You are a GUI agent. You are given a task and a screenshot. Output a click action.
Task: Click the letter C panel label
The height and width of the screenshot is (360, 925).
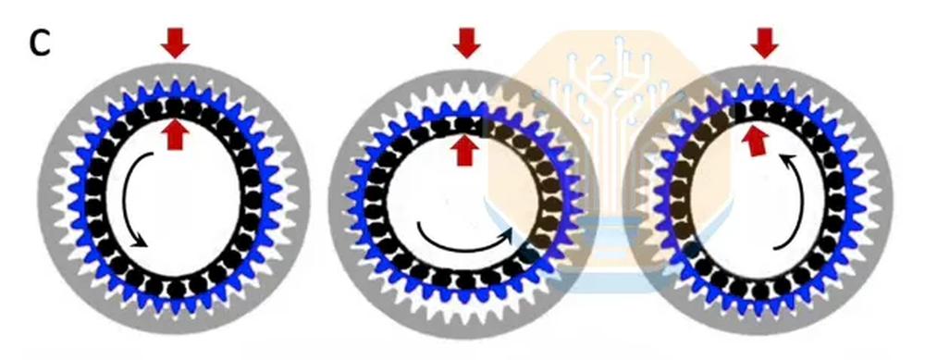click(40, 43)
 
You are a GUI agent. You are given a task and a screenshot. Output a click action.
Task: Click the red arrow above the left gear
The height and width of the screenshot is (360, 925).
click(175, 43)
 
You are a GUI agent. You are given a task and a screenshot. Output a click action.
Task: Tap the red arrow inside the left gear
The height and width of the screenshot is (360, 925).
click(175, 134)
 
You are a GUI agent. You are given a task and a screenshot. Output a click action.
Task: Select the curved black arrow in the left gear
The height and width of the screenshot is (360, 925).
click(132, 201)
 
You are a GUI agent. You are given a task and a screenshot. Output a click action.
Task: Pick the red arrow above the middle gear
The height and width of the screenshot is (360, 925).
click(466, 43)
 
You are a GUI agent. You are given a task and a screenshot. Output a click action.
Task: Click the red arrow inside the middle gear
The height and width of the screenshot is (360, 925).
click(465, 150)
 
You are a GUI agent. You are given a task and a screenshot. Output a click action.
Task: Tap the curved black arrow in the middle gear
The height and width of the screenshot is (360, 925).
click(465, 241)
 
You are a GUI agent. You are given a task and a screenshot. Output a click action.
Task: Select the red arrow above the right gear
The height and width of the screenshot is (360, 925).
click(765, 43)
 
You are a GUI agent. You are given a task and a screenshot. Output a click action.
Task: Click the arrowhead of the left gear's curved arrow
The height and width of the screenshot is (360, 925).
click(140, 241)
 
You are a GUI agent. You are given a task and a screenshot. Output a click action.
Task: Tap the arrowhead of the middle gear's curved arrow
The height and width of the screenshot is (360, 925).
click(506, 234)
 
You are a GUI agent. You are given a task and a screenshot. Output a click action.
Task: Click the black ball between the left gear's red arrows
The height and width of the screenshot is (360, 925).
click(175, 107)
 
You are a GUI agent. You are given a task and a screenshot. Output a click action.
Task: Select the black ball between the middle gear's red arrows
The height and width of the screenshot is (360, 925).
click(465, 125)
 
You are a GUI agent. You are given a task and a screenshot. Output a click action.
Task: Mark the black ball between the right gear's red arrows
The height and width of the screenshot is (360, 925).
click(758, 108)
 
